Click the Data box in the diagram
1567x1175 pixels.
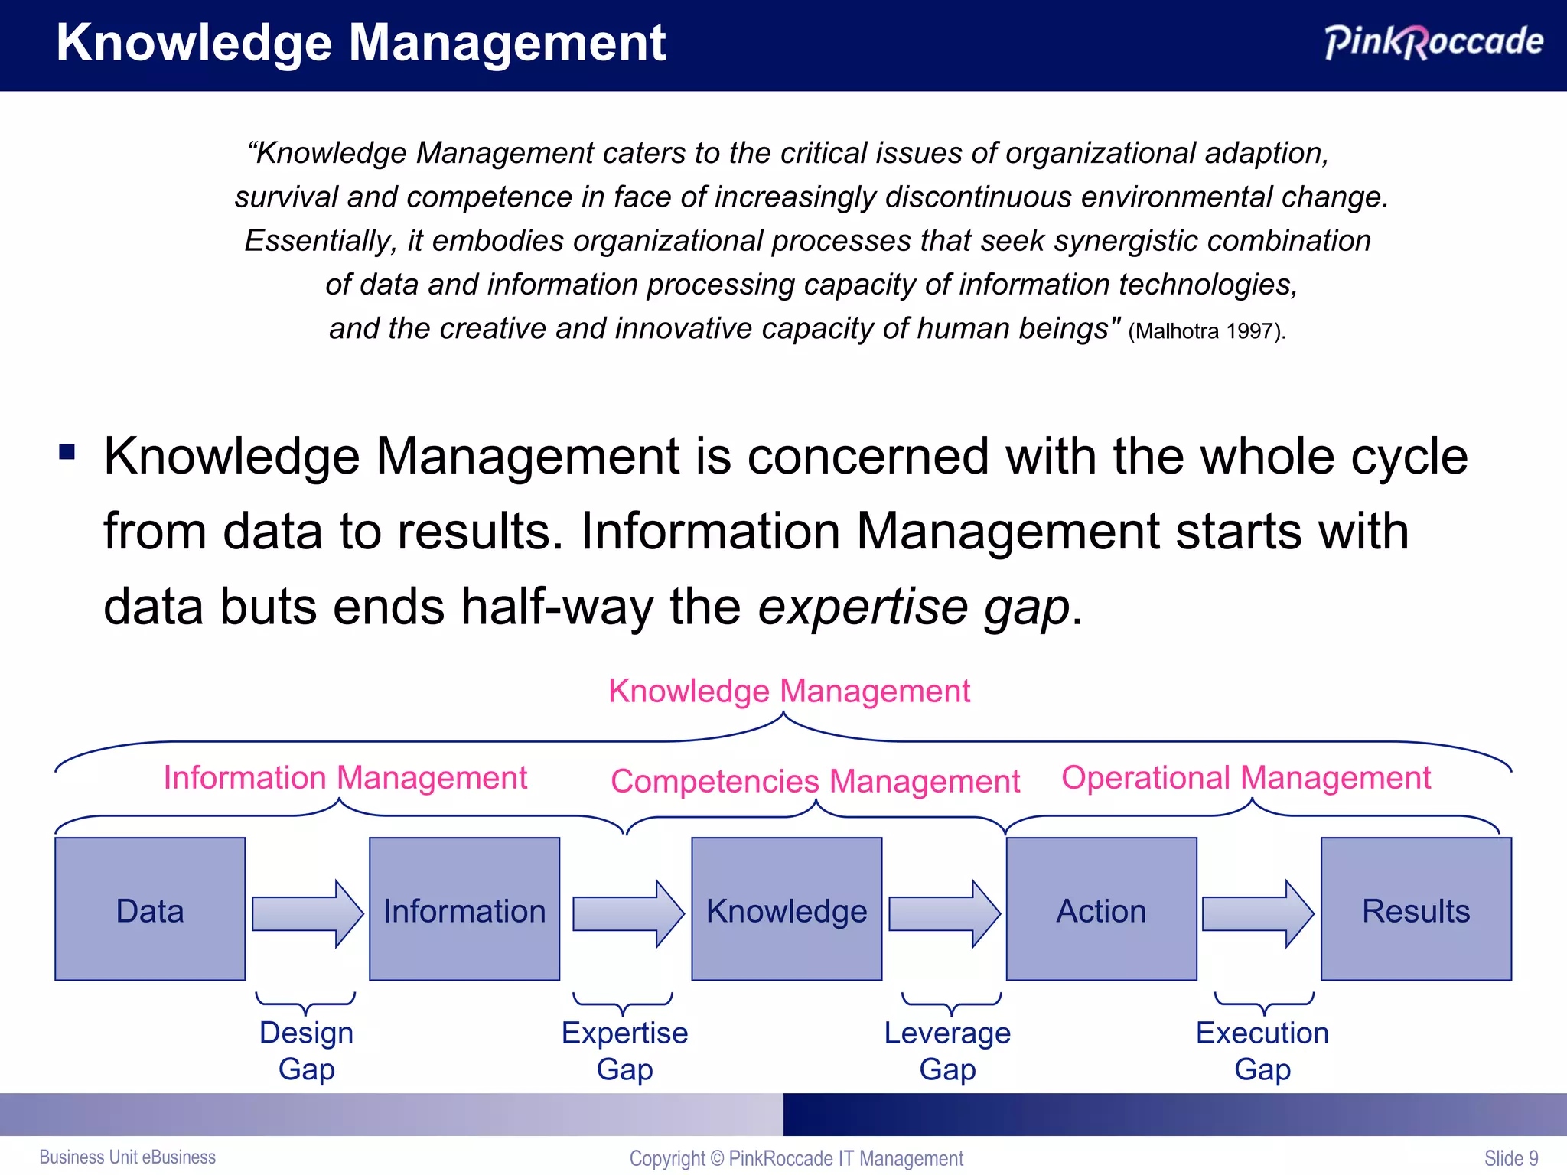tap(150, 909)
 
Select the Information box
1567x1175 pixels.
tap(464, 909)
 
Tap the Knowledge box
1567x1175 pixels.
tap(787, 909)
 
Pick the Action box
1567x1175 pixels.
tap(1101, 909)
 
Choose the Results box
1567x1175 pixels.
tap(1416, 909)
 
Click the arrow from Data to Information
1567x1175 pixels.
tap(306, 913)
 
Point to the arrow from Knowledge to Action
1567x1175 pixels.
tap(943, 913)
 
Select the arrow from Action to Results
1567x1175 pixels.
tap(1257, 913)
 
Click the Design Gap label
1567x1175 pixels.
tap(306, 1050)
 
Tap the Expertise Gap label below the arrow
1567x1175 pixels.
tap(624, 1050)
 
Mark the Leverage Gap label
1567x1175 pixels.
tap(947, 1050)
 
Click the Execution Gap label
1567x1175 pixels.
tap(1262, 1050)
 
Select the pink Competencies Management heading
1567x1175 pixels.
tap(815, 781)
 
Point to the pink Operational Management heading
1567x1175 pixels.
tap(1246, 777)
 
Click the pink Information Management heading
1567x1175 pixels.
tap(345, 777)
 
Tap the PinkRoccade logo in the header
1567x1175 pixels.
tap(1433, 41)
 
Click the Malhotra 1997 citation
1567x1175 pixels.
tap(1207, 331)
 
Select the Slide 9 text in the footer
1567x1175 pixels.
tap(1510, 1158)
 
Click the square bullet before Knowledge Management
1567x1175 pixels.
tap(67, 451)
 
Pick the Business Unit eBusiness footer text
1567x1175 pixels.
tap(127, 1157)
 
